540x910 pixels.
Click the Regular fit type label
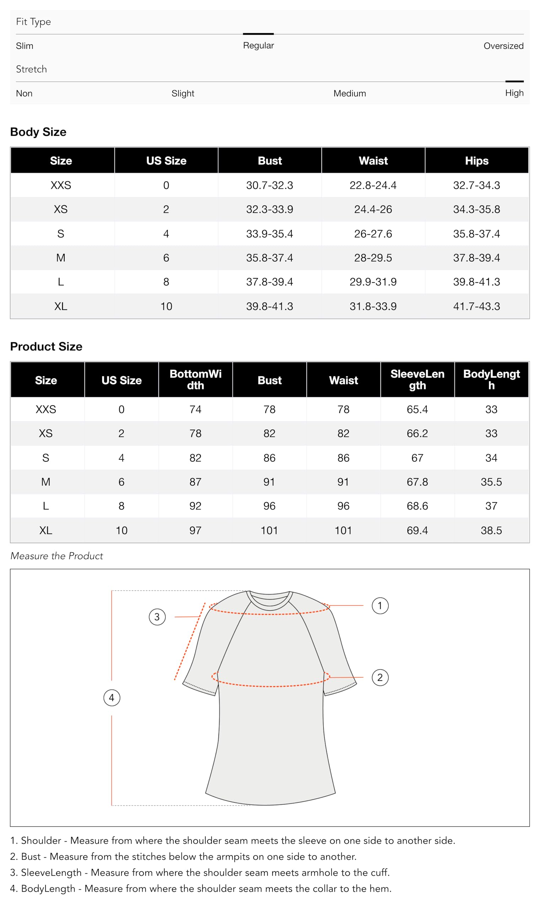(x=258, y=45)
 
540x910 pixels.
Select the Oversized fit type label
(x=503, y=46)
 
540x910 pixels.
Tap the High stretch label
(x=514, y=93)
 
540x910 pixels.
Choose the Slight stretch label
(x=183, y=93)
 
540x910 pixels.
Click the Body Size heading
(x=38, y=132)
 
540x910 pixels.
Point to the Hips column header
(x=476, y=161)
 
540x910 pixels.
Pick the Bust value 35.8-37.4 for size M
(x=269, y=258)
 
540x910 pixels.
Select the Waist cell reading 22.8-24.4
(x=373, y=185)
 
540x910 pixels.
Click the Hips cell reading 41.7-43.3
(x=476, y=306)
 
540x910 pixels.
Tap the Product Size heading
(x=46, y=347)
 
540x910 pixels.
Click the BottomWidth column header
(x=195, y=380)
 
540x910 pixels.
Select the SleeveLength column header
(x=417, y=380)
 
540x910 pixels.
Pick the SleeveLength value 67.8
(x=417, y=482)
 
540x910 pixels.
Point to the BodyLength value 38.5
(x=491, y=530)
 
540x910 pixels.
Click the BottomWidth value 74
(x=195, y=409)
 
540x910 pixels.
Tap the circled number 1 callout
(x=380, y=606)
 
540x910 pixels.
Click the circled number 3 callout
(x=157, y=617)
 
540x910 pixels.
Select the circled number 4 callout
(x=112, y=698)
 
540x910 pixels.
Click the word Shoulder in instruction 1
(x=41, y=840)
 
